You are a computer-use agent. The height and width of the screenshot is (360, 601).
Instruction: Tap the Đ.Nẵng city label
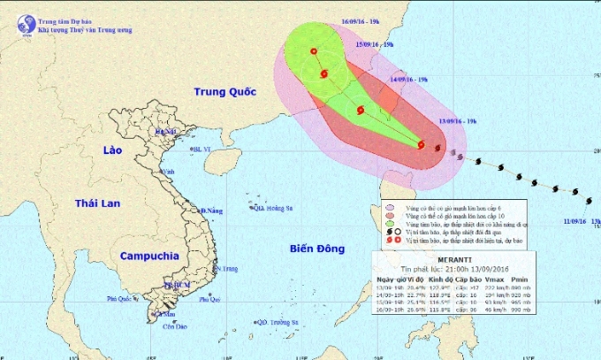click(210, 211)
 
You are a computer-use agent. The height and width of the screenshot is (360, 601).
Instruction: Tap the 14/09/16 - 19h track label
click(408, 79)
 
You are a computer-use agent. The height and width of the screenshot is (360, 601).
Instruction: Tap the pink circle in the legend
click(391, 208)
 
